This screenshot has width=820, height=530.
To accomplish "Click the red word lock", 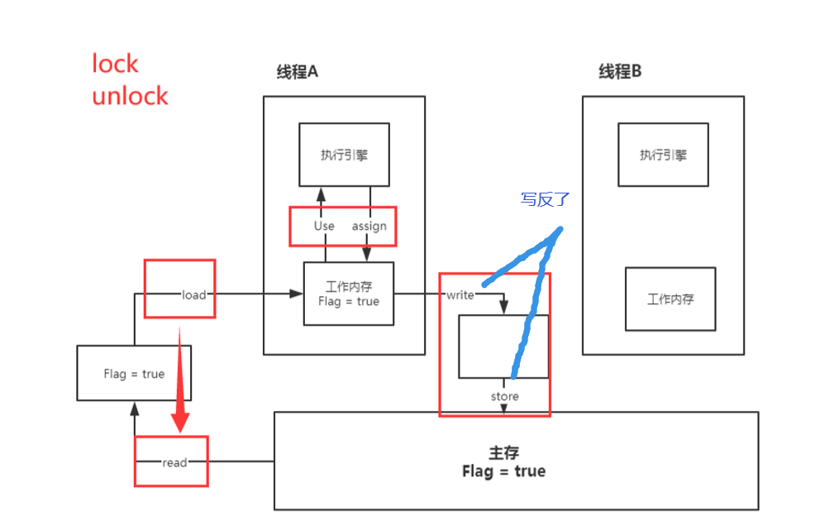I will [x=115, y=64].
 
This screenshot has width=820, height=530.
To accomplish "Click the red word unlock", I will [x=130, y=96].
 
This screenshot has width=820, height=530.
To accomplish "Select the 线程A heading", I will [x=297, y=72].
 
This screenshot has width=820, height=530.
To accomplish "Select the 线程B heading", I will [x=620, y=72].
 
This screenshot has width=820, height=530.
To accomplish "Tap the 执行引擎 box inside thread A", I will [x=344, y=155].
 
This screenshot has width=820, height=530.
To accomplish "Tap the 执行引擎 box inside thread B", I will [x=663, y=155].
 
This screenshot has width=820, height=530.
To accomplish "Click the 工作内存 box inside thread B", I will [x=670, y=299].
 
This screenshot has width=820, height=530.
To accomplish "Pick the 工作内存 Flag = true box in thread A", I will [x=348, y=294].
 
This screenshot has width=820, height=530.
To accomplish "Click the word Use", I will [x=324, y=226].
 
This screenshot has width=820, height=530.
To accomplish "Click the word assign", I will [x=369, y=226].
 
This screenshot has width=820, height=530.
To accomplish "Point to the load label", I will [x=193, y=294].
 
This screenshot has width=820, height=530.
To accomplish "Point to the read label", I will [x=174, y=462].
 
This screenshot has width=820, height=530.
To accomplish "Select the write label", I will [x=460, y=294].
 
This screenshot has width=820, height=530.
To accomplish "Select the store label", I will [x=504, y=396].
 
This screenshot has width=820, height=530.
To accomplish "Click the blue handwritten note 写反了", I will [x=545, y=199].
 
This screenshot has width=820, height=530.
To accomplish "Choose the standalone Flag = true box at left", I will [x=134, y=373].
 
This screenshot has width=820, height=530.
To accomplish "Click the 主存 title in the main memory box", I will [x=503, y=453].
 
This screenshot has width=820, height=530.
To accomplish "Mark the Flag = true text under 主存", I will [x=503, y=471].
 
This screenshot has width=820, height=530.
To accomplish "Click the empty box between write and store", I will [x=503, y=346].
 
